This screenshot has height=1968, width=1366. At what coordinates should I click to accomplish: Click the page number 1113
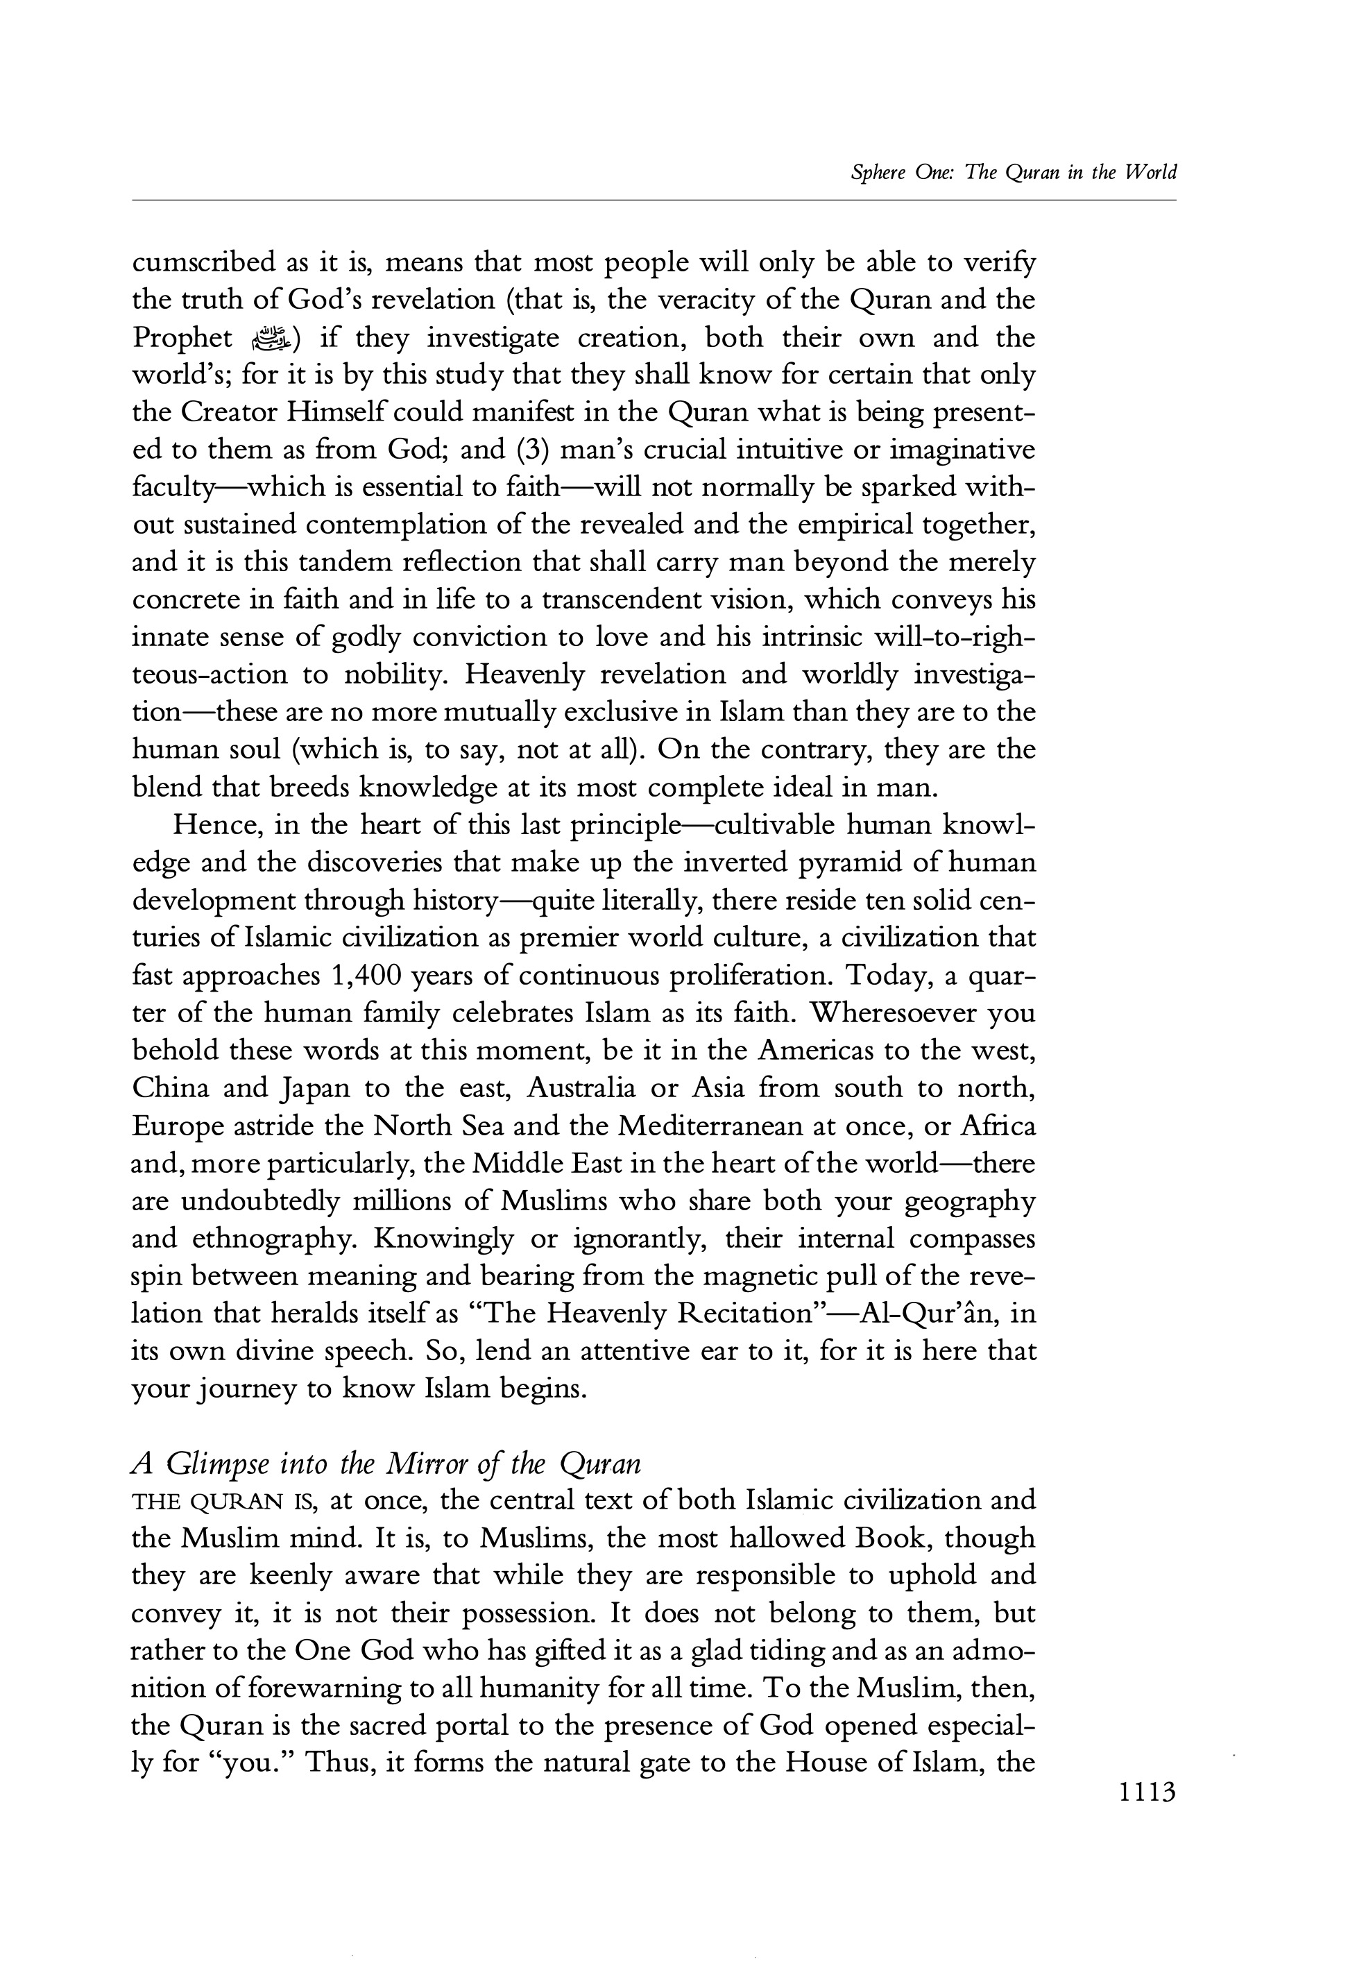click(x=1147, y=1792)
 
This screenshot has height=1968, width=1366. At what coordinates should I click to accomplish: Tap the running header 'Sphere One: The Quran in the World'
click(x=1014, y=173)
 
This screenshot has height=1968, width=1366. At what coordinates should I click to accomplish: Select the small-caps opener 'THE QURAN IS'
click(x=224, y=1502)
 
